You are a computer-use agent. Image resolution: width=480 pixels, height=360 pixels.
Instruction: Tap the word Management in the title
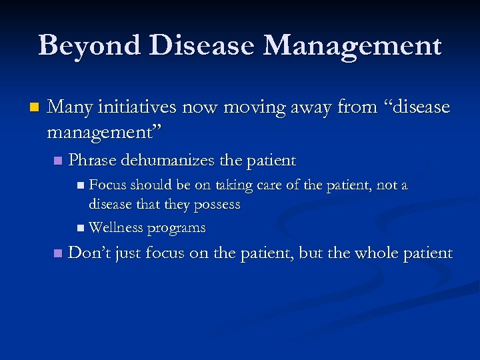click(353, 45)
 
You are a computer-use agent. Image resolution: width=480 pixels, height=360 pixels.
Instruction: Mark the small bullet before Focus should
click(81, 185)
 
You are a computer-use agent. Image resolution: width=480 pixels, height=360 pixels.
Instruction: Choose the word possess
click(217, 205)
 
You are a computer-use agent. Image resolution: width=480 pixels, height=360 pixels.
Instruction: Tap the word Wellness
click(115, 227)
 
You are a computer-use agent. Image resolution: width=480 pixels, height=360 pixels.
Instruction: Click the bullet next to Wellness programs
click(81, 228)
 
